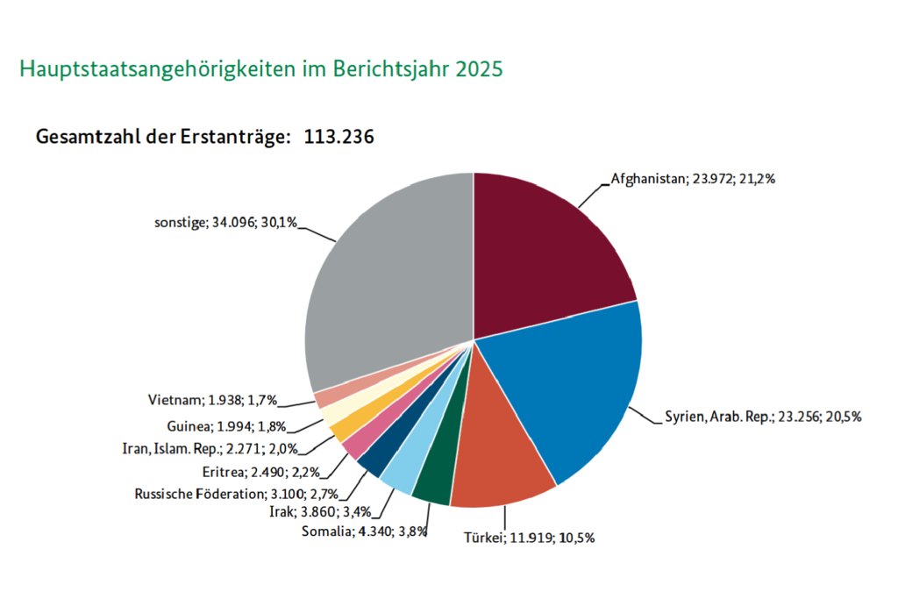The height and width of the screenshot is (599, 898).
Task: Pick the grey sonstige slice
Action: [386, 281]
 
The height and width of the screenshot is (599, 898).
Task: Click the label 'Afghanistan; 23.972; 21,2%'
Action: [693, 179]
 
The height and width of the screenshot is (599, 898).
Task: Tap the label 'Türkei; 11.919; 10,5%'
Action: [530, 538]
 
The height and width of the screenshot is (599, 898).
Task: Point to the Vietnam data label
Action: [213, 400]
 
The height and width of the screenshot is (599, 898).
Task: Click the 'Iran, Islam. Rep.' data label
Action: [210, 449]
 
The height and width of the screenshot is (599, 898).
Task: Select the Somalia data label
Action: [363, 531]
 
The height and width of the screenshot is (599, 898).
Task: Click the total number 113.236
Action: [339, 137]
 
